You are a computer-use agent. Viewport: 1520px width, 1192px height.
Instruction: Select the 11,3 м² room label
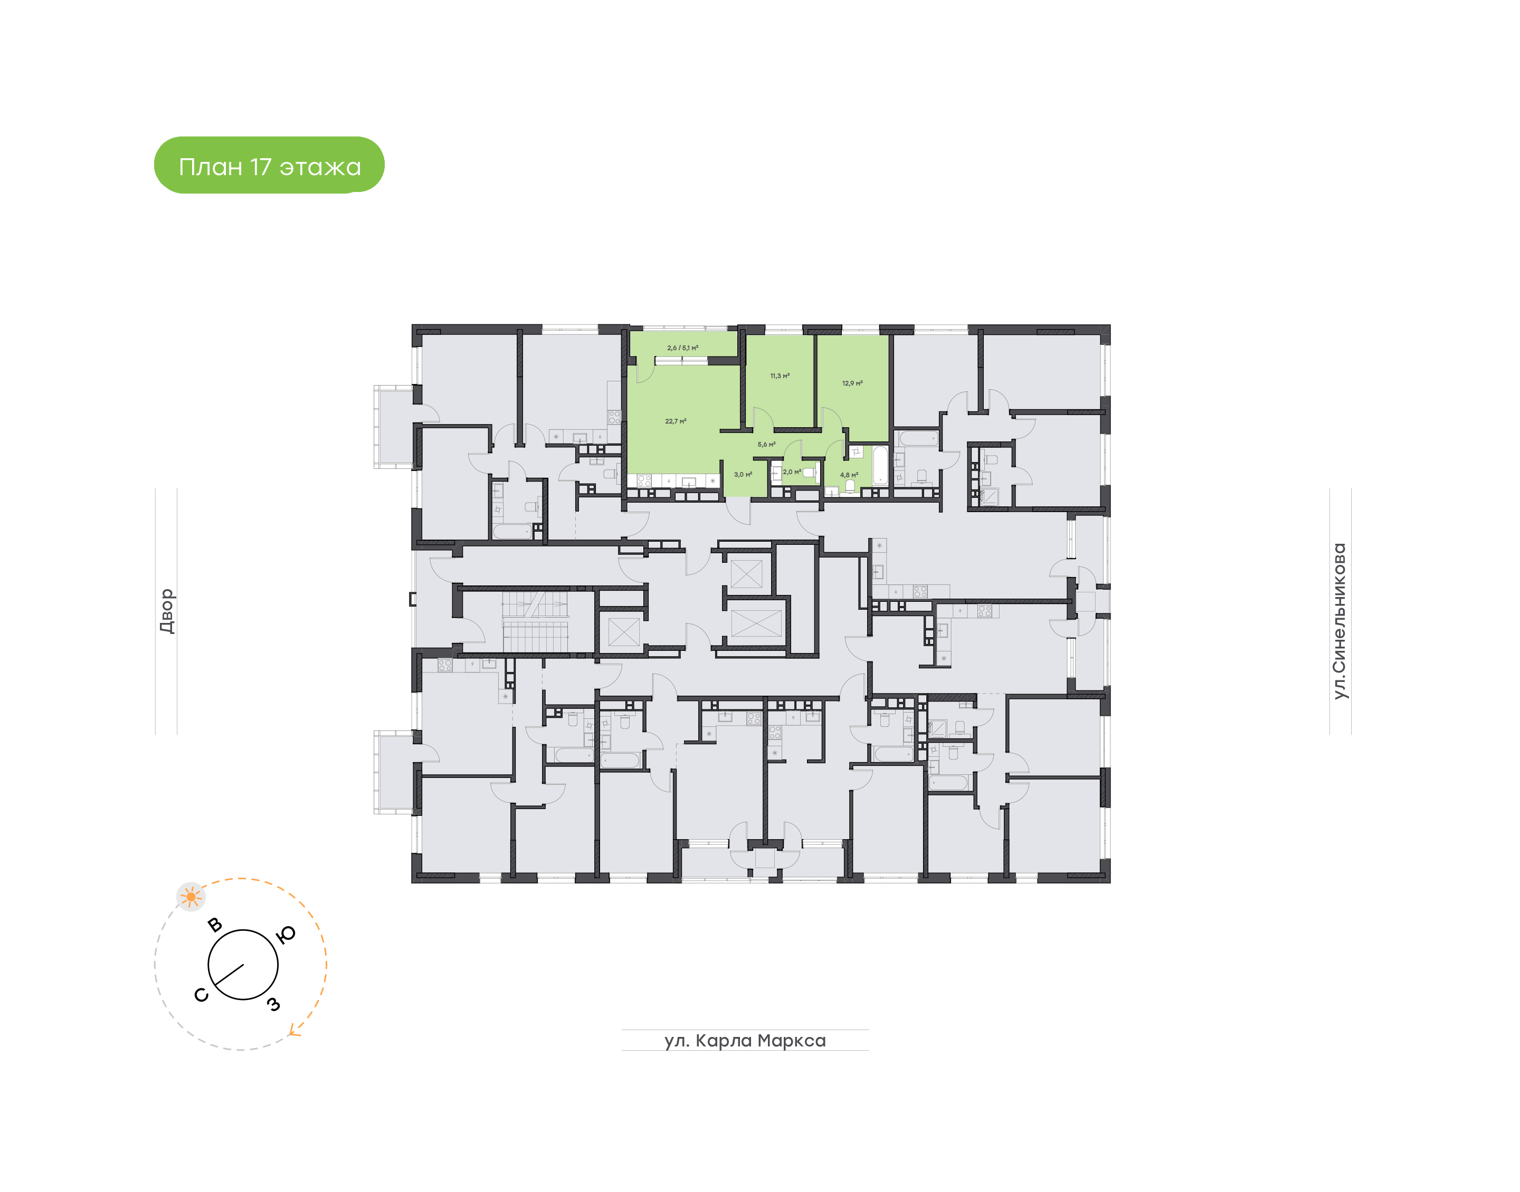tap(780, 376)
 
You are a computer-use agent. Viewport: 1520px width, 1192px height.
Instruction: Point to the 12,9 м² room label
tap(852, 383)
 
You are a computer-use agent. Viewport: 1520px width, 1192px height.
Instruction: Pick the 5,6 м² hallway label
tap(767, 444)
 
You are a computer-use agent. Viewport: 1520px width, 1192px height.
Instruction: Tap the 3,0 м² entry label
tap(743, 475)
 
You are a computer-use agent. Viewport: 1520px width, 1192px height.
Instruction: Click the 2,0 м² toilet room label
tap(792, 472)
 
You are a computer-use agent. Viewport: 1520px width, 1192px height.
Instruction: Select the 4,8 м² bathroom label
tap(849, 475)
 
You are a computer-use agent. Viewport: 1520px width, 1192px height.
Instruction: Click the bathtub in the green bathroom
tap(880, 466)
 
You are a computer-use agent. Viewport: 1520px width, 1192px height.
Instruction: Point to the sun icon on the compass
tap(191, 897)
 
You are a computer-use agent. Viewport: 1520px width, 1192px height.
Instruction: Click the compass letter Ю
tap(286, 935)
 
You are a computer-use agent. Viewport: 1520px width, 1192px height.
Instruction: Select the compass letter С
tap(201, 995)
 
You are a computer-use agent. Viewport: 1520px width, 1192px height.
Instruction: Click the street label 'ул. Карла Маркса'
tap(745, 1041)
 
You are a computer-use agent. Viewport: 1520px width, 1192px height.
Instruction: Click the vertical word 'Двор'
tap(166, 611)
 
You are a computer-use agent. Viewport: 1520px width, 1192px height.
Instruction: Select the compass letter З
tap(274, 1004)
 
